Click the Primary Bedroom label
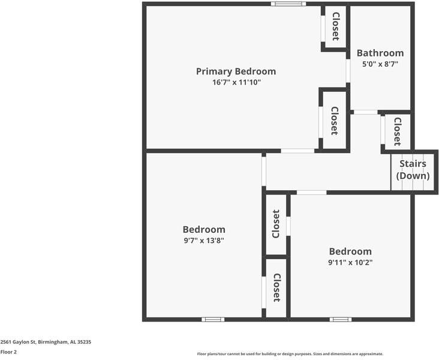click(236, 71)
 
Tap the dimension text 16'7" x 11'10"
click(236, 82)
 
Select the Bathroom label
click(380, 53)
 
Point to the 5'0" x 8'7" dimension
click(380, 64)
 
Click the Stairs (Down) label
click(413, 170)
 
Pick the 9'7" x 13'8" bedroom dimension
click(204, 240)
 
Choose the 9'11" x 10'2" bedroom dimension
click(350, 262)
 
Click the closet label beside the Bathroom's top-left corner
click(336, 26)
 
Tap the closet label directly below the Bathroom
click(397, 131)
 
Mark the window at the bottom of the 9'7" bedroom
click(213, 319)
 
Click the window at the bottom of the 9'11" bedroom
click(341, 319)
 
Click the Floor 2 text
click(8, 352)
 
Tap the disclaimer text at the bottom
click(290, 354)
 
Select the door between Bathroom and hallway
click(365, 112)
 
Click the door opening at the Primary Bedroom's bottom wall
click(297, 151)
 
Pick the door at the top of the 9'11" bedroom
click(312, 193)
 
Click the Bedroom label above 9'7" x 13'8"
click(204, 229)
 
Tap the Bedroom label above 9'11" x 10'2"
click(350, 251)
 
